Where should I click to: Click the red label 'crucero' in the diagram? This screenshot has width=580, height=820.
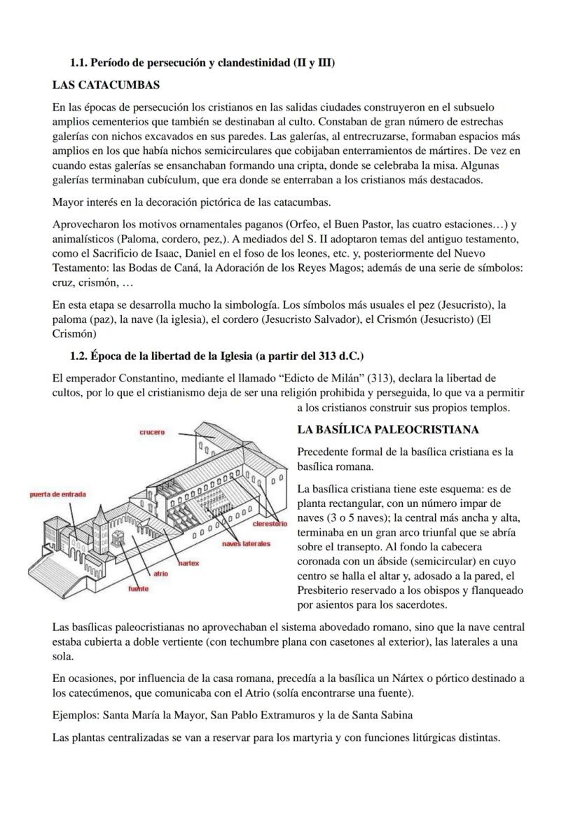coord(152,432)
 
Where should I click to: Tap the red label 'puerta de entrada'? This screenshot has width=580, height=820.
coord(58,494)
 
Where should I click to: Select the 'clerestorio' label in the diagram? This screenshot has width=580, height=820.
coord(265,524)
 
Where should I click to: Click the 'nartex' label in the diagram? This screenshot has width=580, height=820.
coord(188,562)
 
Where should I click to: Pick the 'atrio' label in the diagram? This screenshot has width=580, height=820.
coord(161,574)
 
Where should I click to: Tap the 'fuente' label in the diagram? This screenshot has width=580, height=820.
coord(138,589)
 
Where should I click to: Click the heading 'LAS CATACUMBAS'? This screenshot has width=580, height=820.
coord(106,85)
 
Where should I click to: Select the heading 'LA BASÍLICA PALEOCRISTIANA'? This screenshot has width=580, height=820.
coord(387,429)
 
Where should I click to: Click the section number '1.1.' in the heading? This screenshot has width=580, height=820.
coord(81,63)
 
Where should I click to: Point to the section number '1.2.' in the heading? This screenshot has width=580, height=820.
coord(81,356)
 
